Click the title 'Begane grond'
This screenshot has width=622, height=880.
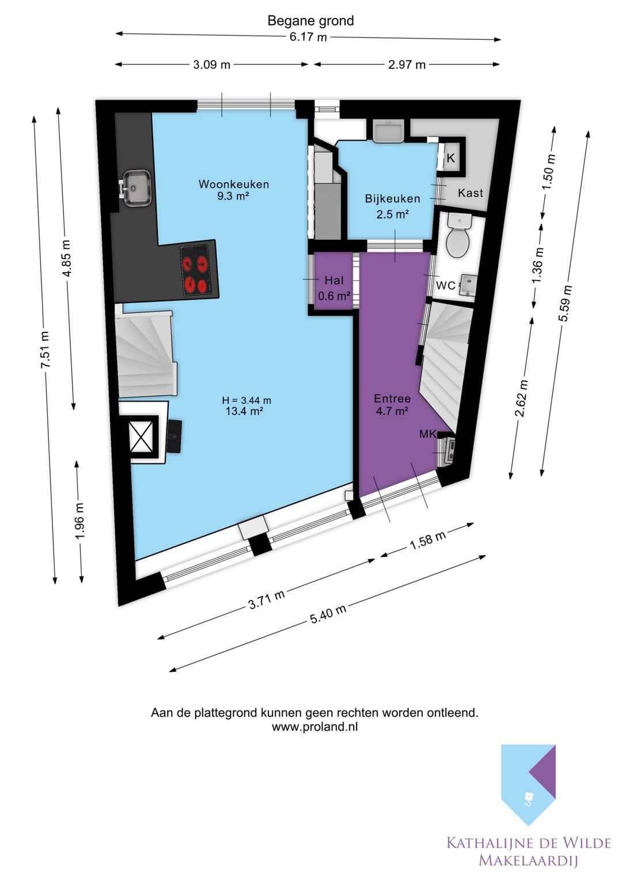click(x=310, y=21)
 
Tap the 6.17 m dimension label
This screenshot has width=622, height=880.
click(x=308, y=37)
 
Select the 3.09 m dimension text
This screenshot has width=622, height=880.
click(x=212, y=65)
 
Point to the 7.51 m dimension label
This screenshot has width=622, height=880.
click(x=45, y=349)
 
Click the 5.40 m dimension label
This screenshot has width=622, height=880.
click(x=328, y=614)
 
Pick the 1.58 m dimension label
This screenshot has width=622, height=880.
click(x=428, y=541)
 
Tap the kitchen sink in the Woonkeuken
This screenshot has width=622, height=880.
click(x=136, y=188)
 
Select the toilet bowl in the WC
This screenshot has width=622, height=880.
click(x=458, y=236)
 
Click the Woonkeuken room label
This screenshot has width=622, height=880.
click(x=234, y=184)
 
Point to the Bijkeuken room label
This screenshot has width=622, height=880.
click(x=392, y=198)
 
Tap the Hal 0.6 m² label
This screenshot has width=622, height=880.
click(x=334, y=288)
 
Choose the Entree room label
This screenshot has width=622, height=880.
click(x=392, y=398)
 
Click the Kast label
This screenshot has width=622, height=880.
click(x=471, y=193)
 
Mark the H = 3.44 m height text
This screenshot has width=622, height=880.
click(x=246, y=401)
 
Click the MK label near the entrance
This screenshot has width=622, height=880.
click(x=427, y=434)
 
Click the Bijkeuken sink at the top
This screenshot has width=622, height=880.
click(x=388, y=131)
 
